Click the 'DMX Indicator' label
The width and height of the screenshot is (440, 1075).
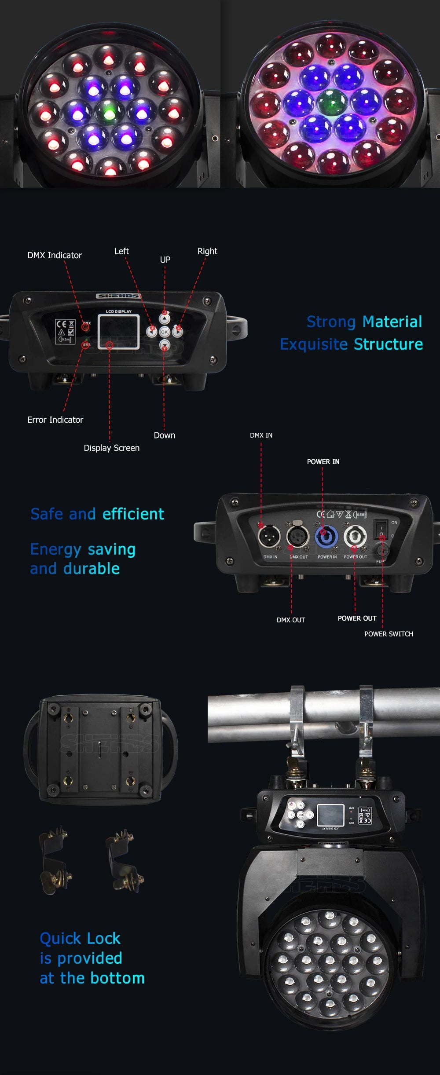[55, 256]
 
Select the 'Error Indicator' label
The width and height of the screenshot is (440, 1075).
[55, 420]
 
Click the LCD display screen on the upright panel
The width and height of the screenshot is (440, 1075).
[118, 332]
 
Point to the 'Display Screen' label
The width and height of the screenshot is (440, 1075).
[111, 448]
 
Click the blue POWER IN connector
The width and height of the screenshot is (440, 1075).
[326, 537]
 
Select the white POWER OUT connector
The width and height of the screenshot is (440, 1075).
[355, 537]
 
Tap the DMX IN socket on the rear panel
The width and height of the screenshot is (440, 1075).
[269, 537]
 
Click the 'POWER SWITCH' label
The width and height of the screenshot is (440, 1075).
[389, 634]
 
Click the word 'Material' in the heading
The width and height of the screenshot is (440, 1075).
[393, 322]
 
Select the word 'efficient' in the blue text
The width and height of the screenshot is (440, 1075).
[133, 514]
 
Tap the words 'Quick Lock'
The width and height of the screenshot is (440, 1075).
[80, 939]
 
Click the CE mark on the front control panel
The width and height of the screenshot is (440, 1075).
[61, 324]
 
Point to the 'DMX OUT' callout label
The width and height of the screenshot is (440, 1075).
[290, 620]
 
